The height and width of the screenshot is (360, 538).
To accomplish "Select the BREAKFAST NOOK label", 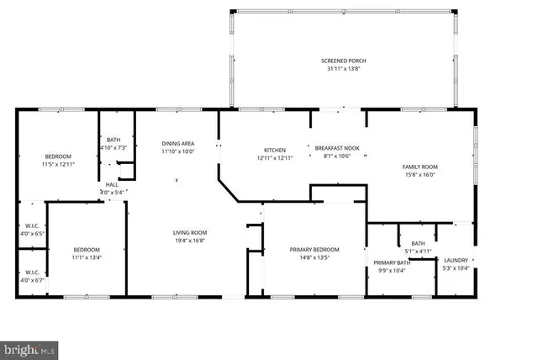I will pyautogui.click(x=336, y=148).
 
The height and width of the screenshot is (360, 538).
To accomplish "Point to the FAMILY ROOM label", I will pyautogui.click(x=419, y=167).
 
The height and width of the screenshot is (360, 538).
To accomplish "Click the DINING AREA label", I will pyautogui.click(x=178, y=144).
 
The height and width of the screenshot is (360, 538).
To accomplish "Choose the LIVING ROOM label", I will pyautogui.click(x=190, y=232).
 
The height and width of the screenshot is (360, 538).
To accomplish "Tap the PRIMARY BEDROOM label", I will pyautogui.click(x=315, y=250).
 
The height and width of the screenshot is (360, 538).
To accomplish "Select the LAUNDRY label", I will pyautogui.click(x=456, y=259).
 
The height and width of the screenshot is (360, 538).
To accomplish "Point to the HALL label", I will pyautogui.click(x=112, y=185).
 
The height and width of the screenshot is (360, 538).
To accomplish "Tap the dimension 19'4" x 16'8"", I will pyautogui.click(x=190, y=241).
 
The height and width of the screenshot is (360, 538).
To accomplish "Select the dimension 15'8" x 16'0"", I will pyautogui.click(x=419, y=175).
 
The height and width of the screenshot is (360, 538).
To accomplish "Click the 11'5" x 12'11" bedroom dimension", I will pyautogui.click(x=58, y=164).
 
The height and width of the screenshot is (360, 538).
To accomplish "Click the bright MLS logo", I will pyautogui.click(x=29, y=348).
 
